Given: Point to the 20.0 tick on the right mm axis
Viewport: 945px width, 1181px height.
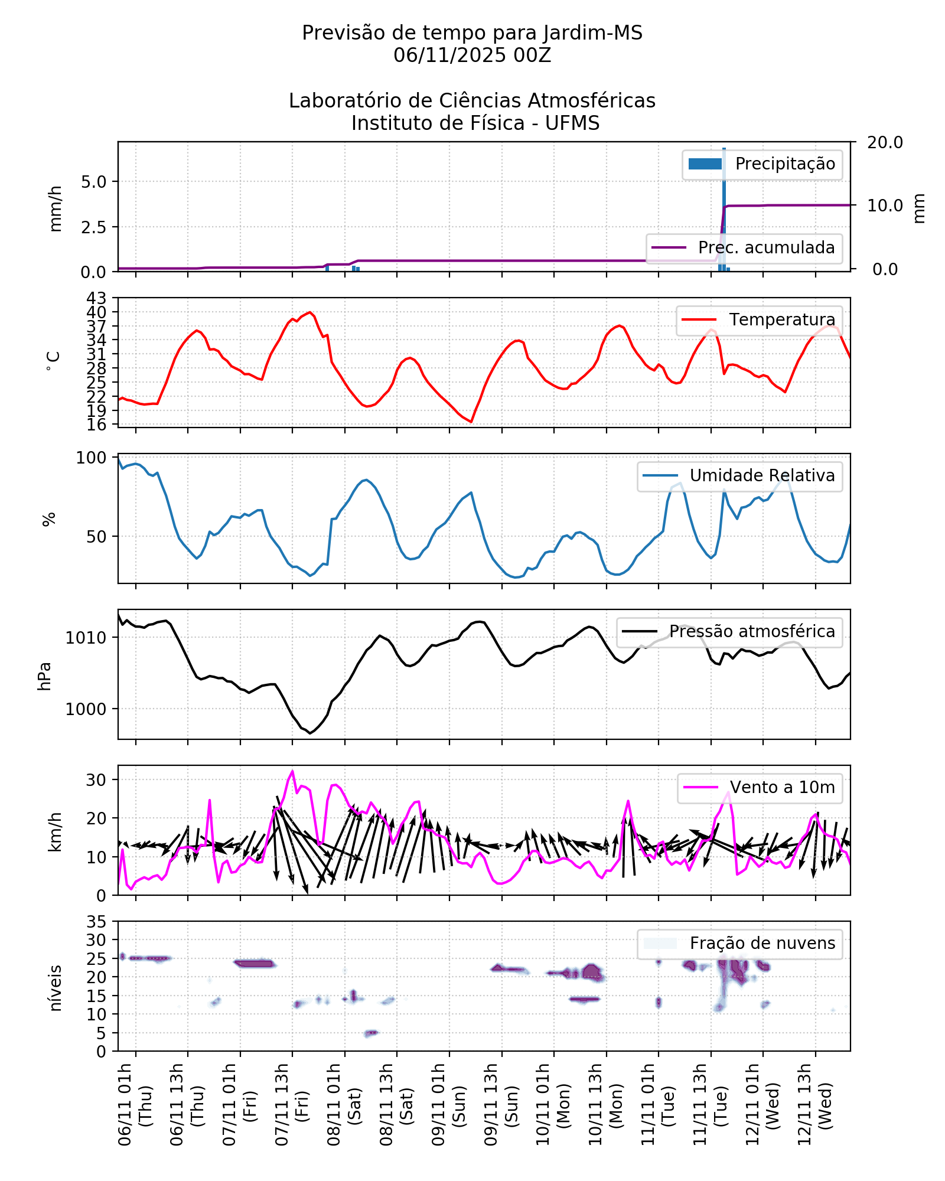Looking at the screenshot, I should tap(884, 142).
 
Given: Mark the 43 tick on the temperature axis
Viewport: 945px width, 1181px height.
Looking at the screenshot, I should tap(97, 298).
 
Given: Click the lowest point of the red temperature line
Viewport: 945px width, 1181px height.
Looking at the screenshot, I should tap(471, 422).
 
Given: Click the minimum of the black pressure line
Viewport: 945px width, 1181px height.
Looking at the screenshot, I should tap(310, 733).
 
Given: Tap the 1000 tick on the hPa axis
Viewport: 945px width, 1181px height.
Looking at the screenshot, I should tap(86, 709).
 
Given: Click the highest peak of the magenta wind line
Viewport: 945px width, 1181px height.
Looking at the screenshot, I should tap(292, 771).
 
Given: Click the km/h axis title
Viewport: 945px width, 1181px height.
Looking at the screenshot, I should tap(55, 831).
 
